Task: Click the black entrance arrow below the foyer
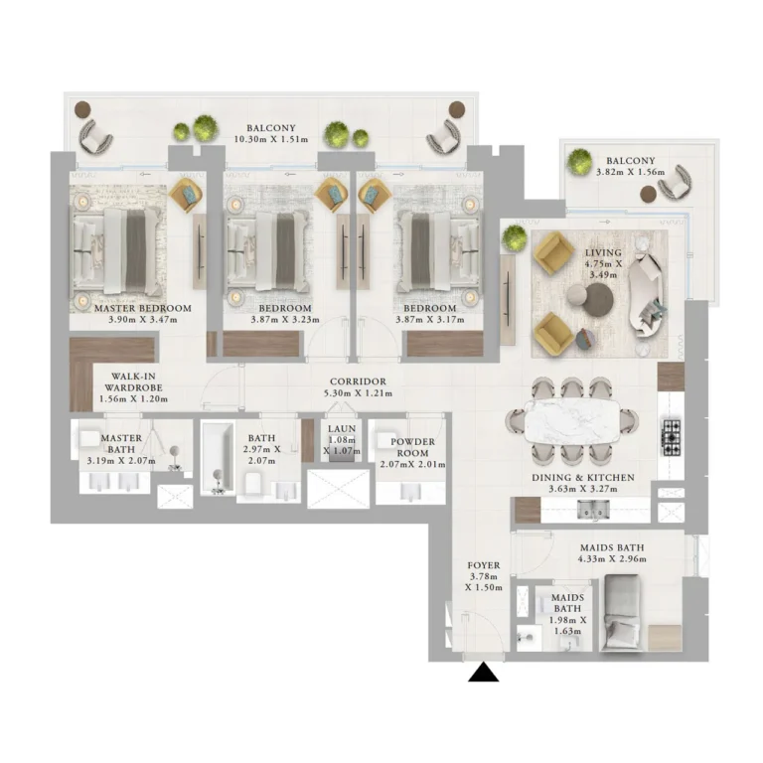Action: pos(483,673)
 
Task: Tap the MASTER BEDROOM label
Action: pos(143,308)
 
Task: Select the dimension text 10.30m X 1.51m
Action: pos(271,140)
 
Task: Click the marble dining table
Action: pos(572,421)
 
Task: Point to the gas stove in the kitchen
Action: pos(671,436)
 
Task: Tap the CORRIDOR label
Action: pos(358,381)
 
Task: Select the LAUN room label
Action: pos(342,429)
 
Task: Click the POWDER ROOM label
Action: pos(412,447)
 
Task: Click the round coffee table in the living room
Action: pos(598,300)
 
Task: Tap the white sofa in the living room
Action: pos(646,295)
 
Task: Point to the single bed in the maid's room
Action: pos(620,612)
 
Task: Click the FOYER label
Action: pos(483,565)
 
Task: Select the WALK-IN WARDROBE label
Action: pos(133,381)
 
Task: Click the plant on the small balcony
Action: pos(579,162)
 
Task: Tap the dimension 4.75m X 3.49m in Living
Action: pos(603,269)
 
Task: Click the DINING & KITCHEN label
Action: pos(583,478)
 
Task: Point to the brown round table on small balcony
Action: pos(648,194)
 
